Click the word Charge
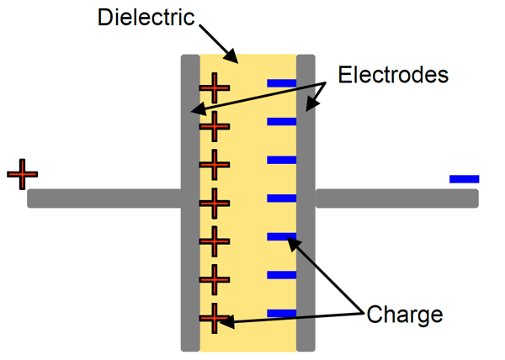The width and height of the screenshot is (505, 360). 404,315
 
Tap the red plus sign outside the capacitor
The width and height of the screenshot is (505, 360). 23,174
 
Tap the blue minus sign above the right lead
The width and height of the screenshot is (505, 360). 464,178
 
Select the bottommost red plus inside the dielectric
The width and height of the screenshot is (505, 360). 214,319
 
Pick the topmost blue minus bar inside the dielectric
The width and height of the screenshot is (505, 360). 281,83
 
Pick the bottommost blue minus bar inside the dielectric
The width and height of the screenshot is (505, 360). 281,313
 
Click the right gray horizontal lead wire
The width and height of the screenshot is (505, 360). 396,199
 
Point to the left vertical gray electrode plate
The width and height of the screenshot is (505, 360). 190,252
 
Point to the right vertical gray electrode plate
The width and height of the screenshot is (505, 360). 306,252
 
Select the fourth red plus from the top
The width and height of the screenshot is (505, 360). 214,203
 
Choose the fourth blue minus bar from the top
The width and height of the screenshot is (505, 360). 281,199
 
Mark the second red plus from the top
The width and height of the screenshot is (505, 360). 214,125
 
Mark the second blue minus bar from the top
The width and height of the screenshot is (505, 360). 281,122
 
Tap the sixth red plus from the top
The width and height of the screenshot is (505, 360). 214,278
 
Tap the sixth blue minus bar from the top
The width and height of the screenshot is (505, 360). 281,275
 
